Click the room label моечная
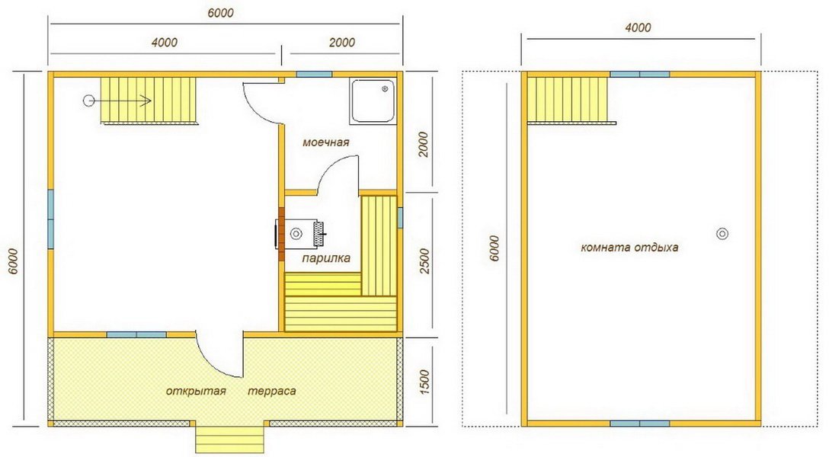pos(325,142)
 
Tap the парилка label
pos(326,258)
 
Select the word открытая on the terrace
pos(196,391)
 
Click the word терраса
pos(272,391)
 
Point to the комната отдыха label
pos(629,248)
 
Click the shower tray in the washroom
pos(373,101)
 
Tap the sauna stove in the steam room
pos(299,234)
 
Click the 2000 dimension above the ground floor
pos(342,42)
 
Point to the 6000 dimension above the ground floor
pos(220,13)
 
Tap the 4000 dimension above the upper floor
pos(639,27)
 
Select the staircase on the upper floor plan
pos(569,100)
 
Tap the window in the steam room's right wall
pos(400,217)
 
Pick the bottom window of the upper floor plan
pos(640,423)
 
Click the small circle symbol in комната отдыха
pos(722,234)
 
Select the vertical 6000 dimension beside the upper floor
pos(495,248)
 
